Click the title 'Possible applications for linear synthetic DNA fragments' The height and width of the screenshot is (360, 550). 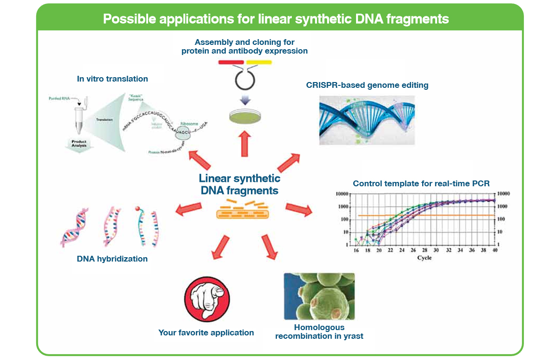click(x=276, y=19)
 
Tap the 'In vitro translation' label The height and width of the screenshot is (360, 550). click(x=112, y=79)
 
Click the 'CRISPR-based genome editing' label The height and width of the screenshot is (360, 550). click(x=367, y=85)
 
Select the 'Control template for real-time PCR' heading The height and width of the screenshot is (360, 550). click(x=421, y=183)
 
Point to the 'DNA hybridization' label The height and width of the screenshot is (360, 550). click(x=112, y=259)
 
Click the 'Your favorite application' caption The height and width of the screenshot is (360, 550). click(x=206, y=332)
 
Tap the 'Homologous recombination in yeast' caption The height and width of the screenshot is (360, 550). click(x=319, y=332)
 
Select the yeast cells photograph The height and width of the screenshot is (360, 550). click(x=319, y=296)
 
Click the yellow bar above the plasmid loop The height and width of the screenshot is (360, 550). click(x=259, y=62)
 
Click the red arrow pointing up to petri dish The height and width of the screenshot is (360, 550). click(x=245, y=144)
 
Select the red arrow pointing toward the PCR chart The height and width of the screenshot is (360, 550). click(x=299, y=209)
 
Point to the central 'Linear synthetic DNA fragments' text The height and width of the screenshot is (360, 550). click(x=239, y=184)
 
